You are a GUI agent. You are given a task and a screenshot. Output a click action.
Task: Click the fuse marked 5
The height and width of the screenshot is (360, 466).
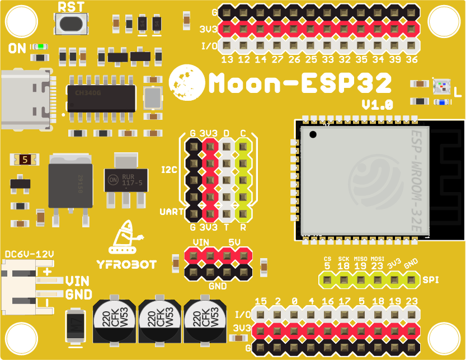point(25,160)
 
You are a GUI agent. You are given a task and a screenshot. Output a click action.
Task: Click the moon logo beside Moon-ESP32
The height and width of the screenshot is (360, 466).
point(186,82)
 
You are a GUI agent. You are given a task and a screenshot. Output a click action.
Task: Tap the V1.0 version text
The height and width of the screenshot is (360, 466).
point(377,105)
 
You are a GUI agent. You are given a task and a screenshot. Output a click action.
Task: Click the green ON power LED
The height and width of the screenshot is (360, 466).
point(40,47)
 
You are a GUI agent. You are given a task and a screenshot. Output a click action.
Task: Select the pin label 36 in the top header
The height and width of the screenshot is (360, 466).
point(412,59)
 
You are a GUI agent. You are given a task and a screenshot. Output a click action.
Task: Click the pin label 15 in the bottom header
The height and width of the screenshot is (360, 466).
point(261,301)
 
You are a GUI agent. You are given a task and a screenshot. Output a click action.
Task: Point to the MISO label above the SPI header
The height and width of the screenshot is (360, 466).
point(360,258)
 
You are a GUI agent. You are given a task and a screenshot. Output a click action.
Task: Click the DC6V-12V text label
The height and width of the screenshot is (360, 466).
point(29,254)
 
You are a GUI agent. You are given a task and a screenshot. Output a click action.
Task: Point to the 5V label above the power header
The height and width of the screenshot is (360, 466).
point(235,242)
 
